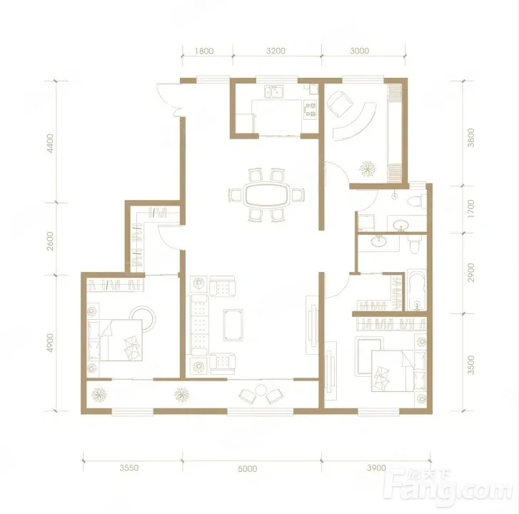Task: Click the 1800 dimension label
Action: pos(204,51)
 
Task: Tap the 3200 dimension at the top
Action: pos(276,51)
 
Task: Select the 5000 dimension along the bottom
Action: pos(248,468)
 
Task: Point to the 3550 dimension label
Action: pos(129,468)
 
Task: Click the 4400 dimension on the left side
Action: pos(50,143)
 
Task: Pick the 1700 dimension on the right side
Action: pos(470,208)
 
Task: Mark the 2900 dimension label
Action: pos(470,273)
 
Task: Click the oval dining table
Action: pos(266,195)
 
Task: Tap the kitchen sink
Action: pos(274,91)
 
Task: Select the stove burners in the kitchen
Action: pos(311,110)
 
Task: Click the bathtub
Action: pos(416,290)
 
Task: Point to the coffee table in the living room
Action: pos(233,325)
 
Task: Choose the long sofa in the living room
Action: pos(200,325)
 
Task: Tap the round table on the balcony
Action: pos(261,390)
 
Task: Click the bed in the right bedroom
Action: pos(398,371)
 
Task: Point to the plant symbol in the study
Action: pos(368,168)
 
